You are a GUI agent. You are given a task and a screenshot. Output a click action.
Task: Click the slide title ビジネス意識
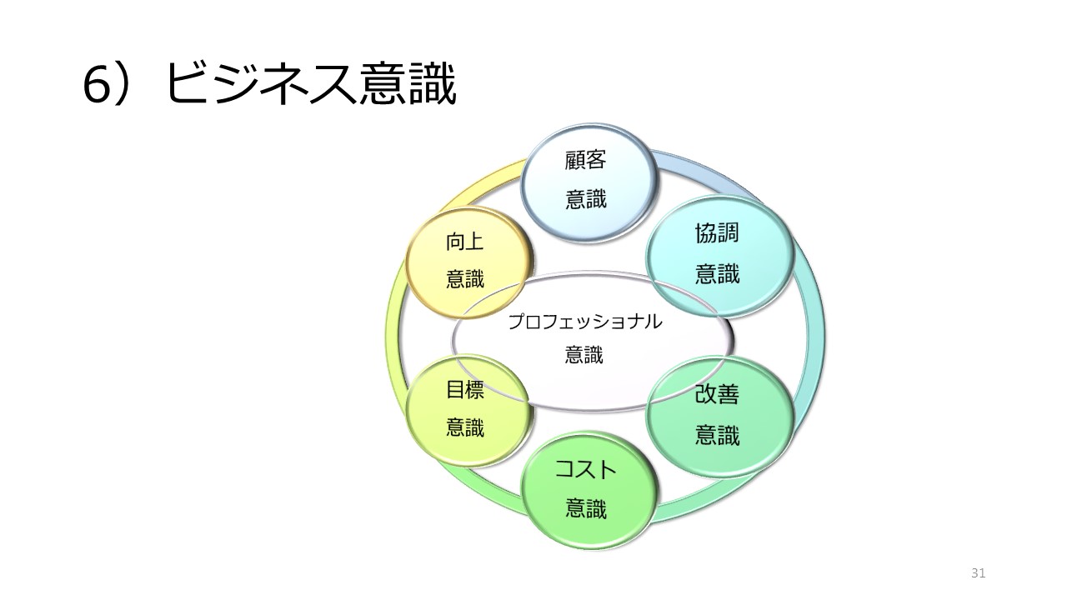click(x=311, y=84)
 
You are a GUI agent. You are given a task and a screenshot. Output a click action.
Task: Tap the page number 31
click(x=978, y=572)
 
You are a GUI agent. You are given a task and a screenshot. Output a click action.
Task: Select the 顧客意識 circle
click(x=589, y=183)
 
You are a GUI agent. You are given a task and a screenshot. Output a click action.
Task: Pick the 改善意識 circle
click(x=719, y=415)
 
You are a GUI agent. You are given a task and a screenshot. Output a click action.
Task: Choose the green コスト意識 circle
click(x=589, y=491)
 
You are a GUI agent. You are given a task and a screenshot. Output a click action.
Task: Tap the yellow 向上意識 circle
click(x=469, y=262)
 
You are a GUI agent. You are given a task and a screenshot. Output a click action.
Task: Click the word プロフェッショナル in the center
click(x=585, y=322)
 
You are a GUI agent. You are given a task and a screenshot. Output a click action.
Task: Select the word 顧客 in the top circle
click(x=585, y=160)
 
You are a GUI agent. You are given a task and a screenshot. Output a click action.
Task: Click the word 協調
click(x=717, y=233)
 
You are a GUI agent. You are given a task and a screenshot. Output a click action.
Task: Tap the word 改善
click(x=717, y=394)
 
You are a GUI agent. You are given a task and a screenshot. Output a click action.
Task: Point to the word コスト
click(x=586, y=469)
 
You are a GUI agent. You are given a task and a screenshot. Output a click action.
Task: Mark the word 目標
click(x=465, y=389)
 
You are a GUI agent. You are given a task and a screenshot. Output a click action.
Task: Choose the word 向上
click(x=465, y=242)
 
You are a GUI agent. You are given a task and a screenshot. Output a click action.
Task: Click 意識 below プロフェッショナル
click(x=584, y=355)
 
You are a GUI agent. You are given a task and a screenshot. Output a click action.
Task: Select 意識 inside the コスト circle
click(x=586, y=508)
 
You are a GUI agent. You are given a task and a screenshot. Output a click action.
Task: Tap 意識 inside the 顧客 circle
click(x=586, y=199)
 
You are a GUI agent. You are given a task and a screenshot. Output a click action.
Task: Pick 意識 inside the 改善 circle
click(x=718, y=435)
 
